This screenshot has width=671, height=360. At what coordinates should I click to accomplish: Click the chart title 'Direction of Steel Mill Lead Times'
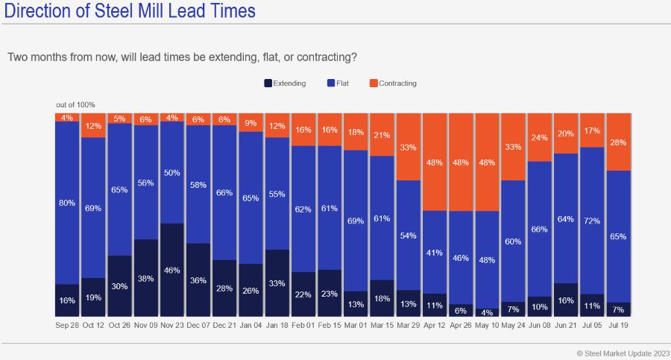click(128, 11)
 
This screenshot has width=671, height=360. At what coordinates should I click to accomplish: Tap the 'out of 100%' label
click(75, 105)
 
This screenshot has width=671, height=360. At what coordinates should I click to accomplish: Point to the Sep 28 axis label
click(67, 326)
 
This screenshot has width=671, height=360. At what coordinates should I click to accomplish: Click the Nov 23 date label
click(172, 326)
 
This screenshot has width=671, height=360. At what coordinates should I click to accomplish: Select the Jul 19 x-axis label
click(618, 326)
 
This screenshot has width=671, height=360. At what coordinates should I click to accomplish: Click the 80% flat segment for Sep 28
click(67, 203)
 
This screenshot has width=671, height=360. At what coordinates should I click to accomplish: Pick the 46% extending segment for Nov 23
click(172, 271)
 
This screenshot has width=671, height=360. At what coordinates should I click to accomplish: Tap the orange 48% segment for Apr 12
click(435, 162)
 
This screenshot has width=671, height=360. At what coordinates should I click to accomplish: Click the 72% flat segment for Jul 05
click(592, 221)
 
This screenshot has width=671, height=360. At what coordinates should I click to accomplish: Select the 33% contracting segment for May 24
click(513, 147)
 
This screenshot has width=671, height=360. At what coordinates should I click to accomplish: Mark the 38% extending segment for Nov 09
click(146, 279)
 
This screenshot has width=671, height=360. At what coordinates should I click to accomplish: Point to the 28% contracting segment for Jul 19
click(618, 142)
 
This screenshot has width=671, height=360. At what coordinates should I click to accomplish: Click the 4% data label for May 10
click(487, 312)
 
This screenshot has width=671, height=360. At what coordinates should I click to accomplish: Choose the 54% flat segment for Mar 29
click(409, 235)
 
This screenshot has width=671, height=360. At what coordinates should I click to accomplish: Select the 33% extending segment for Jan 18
click(277, 283)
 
